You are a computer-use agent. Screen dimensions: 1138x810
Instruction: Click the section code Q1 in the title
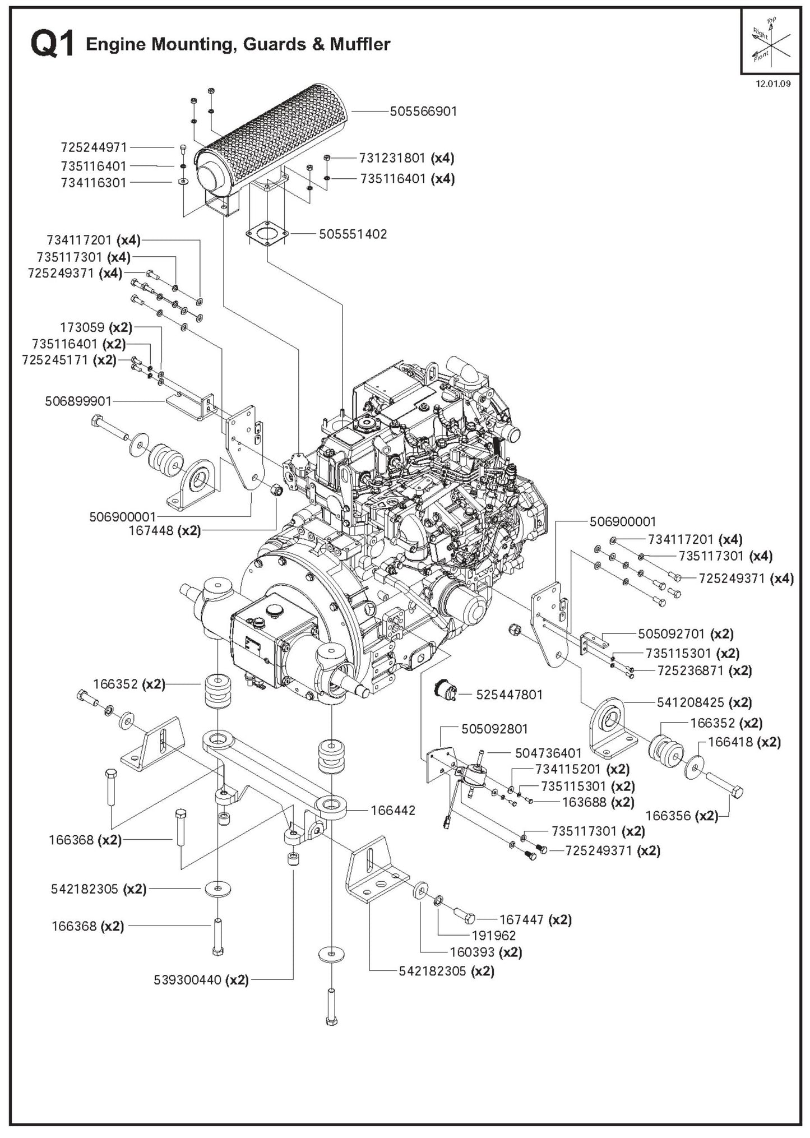(53, 44)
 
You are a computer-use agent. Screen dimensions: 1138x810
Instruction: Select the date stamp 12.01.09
(773, 84)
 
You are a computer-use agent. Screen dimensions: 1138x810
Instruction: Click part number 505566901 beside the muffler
(424, 111)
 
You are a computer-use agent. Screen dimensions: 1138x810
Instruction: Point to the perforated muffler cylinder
(280, 140)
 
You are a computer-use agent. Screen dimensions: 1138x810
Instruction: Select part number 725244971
(94, 147)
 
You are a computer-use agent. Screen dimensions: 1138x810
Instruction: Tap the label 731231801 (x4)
(406, 158)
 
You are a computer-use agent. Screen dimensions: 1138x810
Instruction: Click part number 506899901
(78, 401)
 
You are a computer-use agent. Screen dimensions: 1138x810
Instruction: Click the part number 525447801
(509, 695)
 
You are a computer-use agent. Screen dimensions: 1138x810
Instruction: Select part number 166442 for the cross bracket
(393, 810)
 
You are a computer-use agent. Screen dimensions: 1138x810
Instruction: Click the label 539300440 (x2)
(201, 980)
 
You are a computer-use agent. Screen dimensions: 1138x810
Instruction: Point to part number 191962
(494, 936)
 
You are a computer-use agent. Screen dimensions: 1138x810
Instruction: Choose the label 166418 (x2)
(744, 742)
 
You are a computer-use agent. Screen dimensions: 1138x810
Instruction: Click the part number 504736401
(548, 753)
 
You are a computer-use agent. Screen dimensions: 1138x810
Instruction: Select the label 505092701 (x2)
(686, 634)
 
